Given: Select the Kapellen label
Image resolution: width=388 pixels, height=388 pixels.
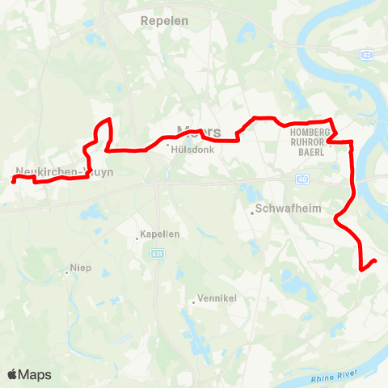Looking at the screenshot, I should [x=159, y=234].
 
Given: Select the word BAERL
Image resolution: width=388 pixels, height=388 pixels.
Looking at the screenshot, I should [x=311, y=152].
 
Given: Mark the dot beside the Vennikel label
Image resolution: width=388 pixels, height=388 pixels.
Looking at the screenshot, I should [x=192, y=302].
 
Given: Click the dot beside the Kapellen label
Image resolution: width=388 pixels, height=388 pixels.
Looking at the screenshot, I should [x=137, y=237].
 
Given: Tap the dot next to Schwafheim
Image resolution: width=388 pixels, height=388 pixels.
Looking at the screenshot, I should [x=251, y=213].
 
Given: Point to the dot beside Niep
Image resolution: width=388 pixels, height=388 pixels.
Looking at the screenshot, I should [x=66, y=273].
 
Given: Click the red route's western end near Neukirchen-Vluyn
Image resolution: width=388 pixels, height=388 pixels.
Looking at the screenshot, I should [x=14, y=181].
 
